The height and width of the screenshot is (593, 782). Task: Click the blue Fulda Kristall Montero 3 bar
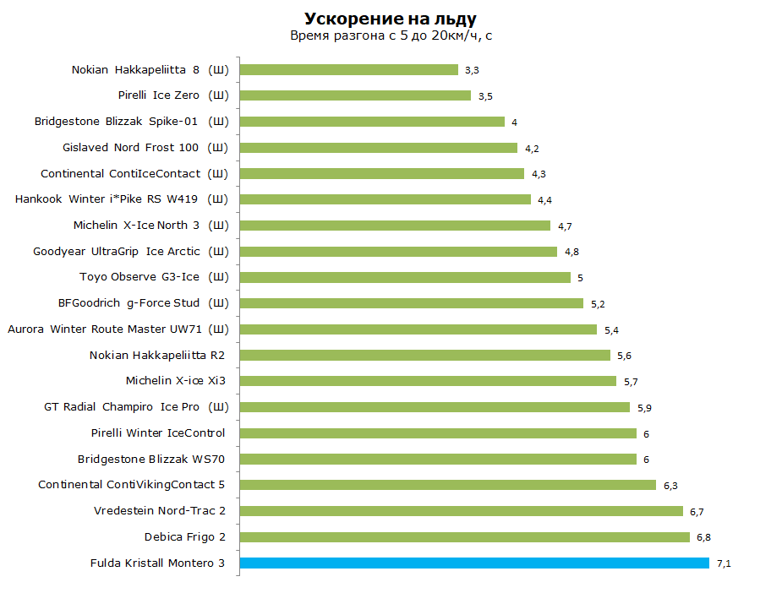click(x=474, y=563)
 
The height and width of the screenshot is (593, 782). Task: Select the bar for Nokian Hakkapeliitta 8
click(x=349, y=70)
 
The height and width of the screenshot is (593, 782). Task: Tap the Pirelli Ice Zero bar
click(x=356, y=95)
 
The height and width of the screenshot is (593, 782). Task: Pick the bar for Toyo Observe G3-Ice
click(x=405, y=278)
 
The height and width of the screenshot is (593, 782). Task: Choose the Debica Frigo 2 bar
click(x=465, y=537)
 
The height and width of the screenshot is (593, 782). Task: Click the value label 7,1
click(x=724, y=563)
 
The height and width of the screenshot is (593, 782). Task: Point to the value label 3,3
click(x=472, y=70)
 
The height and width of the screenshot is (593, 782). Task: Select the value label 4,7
click(x=565, y=226)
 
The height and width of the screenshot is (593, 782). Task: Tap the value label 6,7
click(x=697, y=512)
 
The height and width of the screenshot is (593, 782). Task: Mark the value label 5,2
click(x=598, y=304)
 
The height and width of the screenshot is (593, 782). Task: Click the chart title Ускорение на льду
click(x=391, y=19)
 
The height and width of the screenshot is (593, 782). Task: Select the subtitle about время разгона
click(x=391, y=35)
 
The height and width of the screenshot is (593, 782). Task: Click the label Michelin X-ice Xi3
click(x=176, y=381)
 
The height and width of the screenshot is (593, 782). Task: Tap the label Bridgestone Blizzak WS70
click(x=151, y=459)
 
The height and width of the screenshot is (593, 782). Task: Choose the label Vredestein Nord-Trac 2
click(x=160, y=511)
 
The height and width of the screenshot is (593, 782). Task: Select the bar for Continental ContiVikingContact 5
click(x=448, y=485)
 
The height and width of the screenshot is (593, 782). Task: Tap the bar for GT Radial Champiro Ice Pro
click(x=435, y=407)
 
